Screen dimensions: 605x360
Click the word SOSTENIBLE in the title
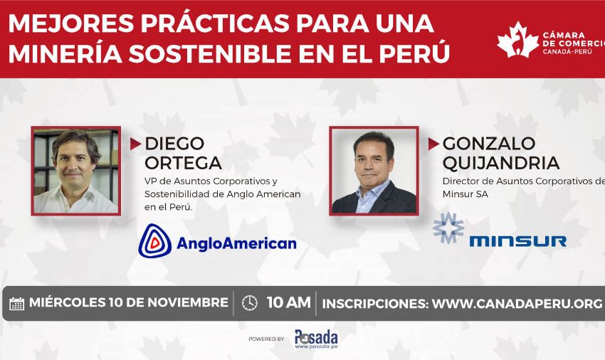[x=209, y=53]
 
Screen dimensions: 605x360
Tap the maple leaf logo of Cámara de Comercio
[x=517, y=40]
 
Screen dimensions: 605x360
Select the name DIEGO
[x=174, y=144]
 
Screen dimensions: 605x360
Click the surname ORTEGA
[x=183, y=163]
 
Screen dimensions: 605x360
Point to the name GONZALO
[x=489, y=144]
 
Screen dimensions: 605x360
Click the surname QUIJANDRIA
[x=501, y=163]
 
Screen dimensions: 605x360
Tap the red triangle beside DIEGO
[x=135, y=144]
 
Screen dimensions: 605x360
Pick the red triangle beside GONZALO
[x=433, y=144]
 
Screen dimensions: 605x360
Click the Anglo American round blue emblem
[x=154, y=241]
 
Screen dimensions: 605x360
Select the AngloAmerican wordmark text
[x=236, y=243]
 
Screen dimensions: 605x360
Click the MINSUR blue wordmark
[x=517, y=241]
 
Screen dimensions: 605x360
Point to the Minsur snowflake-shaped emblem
[x=448, y=228]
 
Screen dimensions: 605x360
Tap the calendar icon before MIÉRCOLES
[x=16, y=304]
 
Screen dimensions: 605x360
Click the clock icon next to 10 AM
[x=250, y=303]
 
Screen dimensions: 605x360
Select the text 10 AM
[x=288, y=302]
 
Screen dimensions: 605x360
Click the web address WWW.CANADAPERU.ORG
[x=517, y=304]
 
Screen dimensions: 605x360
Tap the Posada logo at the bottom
[x=316, y=339]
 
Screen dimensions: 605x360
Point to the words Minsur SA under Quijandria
[x=465, y=194]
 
